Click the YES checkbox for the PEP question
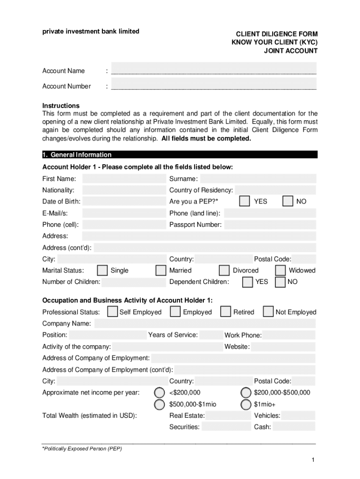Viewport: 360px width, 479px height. click(x=244, y=201)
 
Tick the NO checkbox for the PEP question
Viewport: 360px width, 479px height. click(x=288, y=201)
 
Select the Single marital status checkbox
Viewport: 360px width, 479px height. click(x=102, y=270)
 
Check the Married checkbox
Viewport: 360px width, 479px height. click(x=161, y=270)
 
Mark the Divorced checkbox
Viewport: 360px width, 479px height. click(x=224, y=270)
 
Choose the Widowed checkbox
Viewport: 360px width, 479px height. click(x=281, y=270)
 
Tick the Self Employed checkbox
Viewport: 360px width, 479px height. click(x=112, y=312)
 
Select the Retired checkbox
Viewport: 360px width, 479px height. click(x=225, y=312)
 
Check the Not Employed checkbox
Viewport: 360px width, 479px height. click(x=268, y=312)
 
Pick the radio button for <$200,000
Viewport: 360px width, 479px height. click(x=160, y=392)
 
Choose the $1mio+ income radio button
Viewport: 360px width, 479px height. click(x=245, y=404)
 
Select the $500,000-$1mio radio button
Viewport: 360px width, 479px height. click(x=160, y=404)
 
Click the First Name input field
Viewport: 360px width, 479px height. click(x=123, y=179)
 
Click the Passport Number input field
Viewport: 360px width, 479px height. click(x=270, y=225)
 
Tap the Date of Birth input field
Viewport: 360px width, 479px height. click(x=123, y=202)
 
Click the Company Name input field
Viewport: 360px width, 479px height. click(x=205, y=324)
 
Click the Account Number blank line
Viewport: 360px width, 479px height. click(x=214, y=86)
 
